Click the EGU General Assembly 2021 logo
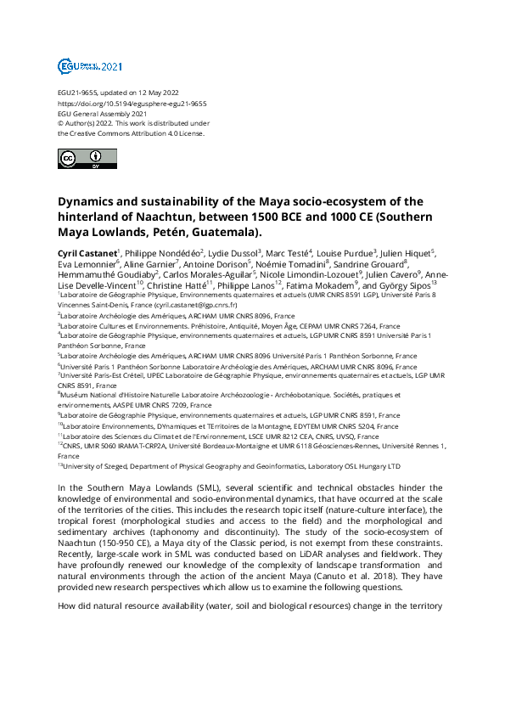click(x=90, y=65)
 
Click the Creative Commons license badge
click(x=81, y=159)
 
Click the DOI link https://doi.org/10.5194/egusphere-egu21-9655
click(x=132, y=104)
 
